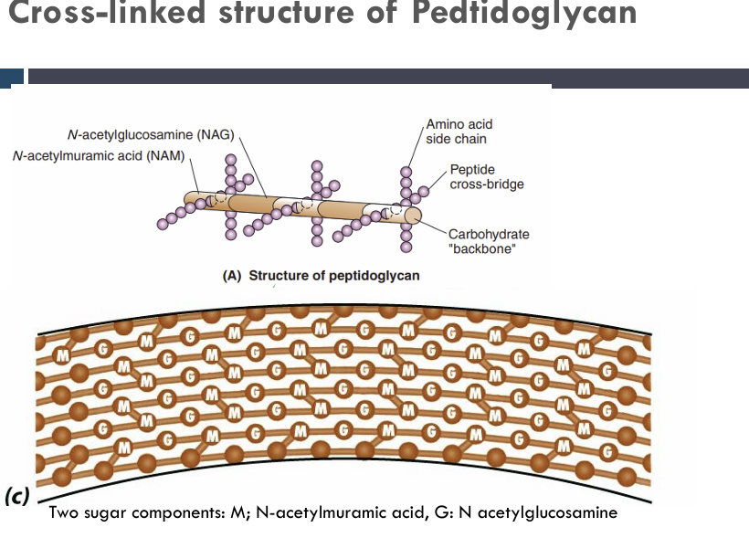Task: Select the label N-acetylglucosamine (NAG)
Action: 151,135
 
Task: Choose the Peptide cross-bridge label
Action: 487,177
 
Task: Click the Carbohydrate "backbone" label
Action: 488,242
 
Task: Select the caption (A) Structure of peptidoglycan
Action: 322,276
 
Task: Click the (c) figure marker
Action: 16,497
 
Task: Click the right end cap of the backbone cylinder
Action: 414,216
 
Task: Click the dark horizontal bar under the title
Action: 384,77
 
